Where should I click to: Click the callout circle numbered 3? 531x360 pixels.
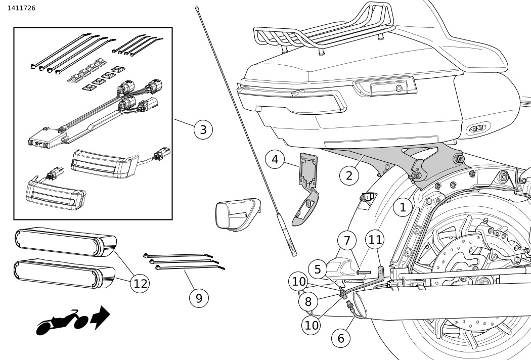(x=203, y=130)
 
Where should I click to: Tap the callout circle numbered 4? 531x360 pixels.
(x=275, y=160)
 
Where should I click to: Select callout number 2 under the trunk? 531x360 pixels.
(x=349, y=175)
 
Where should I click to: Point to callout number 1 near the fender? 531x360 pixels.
(x=403, y=207)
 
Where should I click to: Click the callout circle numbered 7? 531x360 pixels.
(x=347, y=241)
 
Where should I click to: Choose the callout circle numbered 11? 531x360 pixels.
(x=375, y=241)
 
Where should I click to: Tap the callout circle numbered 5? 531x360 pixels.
(x=318, y=269)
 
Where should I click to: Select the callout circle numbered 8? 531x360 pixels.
(x=307, y=302)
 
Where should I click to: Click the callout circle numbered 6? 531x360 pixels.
(x=341, y=338)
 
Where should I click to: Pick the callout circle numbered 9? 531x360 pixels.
(x=199, y=298)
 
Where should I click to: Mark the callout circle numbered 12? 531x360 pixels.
(x=140, y=284)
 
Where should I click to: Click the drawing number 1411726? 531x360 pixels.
(x=21, y=8)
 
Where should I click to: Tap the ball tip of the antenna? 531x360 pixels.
(x=196, y=8)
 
